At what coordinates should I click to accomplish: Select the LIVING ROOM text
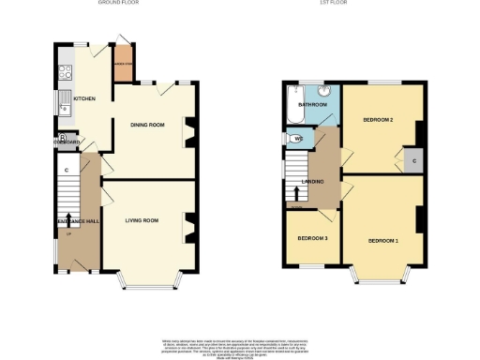pos(142,220)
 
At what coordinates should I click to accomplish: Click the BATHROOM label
pos(312,105)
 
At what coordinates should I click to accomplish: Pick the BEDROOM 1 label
pos(383,241)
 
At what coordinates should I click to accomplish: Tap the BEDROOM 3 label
pos(312,239)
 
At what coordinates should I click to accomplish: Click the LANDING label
pos(313,181)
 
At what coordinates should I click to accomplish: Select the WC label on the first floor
pos(297,140)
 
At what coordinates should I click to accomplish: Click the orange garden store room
pos(123,67)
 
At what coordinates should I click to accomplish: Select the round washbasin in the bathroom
pos(324,92)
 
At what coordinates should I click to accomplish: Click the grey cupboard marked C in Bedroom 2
pos(412,159)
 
